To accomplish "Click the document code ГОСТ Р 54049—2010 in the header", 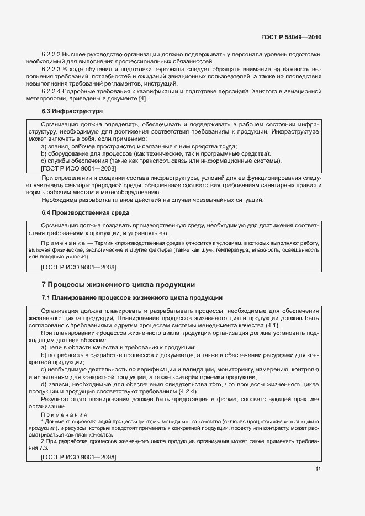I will pos(290,38).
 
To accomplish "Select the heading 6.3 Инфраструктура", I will pos(65,111).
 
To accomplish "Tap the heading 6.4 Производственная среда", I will pos(78,212).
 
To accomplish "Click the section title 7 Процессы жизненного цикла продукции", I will pos(118,285).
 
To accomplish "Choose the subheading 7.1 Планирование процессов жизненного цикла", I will pos(132,297).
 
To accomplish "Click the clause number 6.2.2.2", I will pos(51,55).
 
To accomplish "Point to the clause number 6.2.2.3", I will pos(51,70).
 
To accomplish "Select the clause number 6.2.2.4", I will pos(51,91).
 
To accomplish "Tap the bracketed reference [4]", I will pos(143,98).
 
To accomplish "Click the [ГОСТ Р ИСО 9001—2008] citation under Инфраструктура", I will pos(78,168).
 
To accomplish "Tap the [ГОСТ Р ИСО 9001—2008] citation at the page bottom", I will pos(78,456).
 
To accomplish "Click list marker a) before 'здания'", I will pos(44,146).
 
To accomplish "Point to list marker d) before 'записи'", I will pos(44,383).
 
